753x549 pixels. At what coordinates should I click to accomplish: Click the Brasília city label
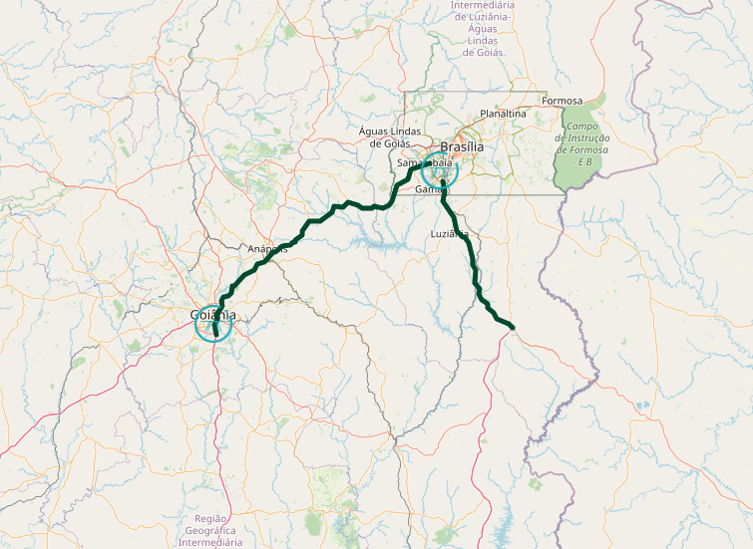461,146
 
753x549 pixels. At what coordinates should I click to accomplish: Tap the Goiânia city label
212,316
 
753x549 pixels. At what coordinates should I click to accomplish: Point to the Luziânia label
449,234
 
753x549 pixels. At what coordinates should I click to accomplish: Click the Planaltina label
503,114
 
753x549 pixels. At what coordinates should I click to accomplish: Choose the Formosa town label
562,101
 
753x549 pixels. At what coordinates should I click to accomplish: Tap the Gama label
429,188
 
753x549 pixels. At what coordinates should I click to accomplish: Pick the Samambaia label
424,162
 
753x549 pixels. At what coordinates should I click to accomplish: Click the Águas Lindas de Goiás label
392,137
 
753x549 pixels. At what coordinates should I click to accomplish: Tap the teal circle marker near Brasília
439,171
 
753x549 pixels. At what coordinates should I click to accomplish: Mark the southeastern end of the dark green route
512,327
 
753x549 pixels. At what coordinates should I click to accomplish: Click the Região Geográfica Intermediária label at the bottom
211,531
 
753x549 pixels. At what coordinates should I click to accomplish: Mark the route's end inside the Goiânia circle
214,336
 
